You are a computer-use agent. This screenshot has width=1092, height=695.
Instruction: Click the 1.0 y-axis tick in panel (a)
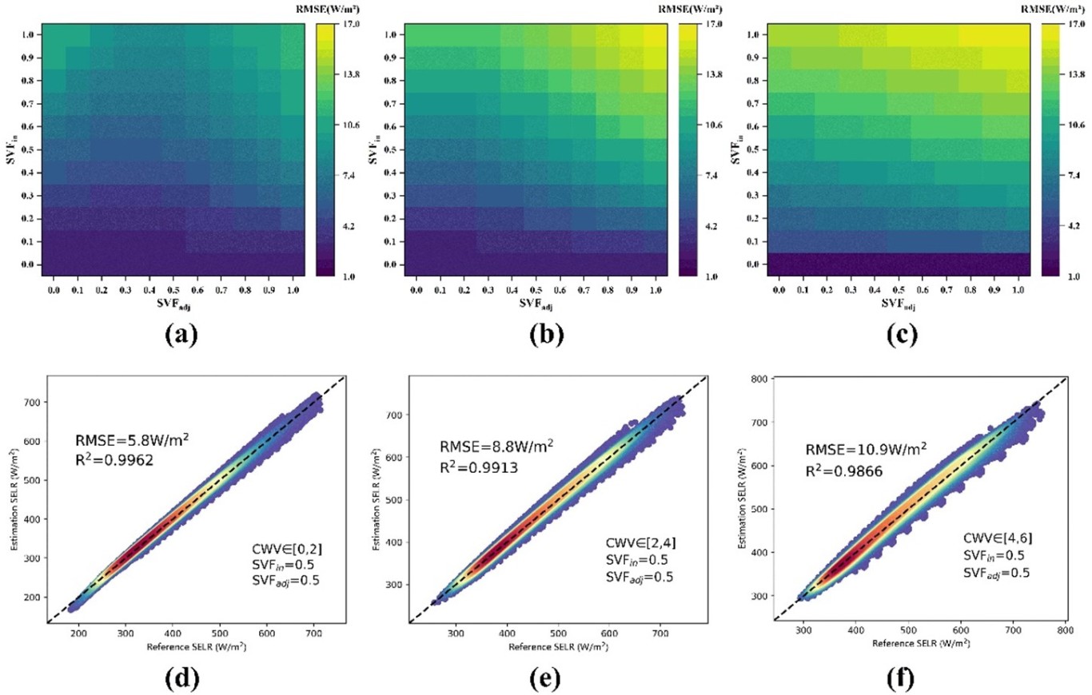28,34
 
